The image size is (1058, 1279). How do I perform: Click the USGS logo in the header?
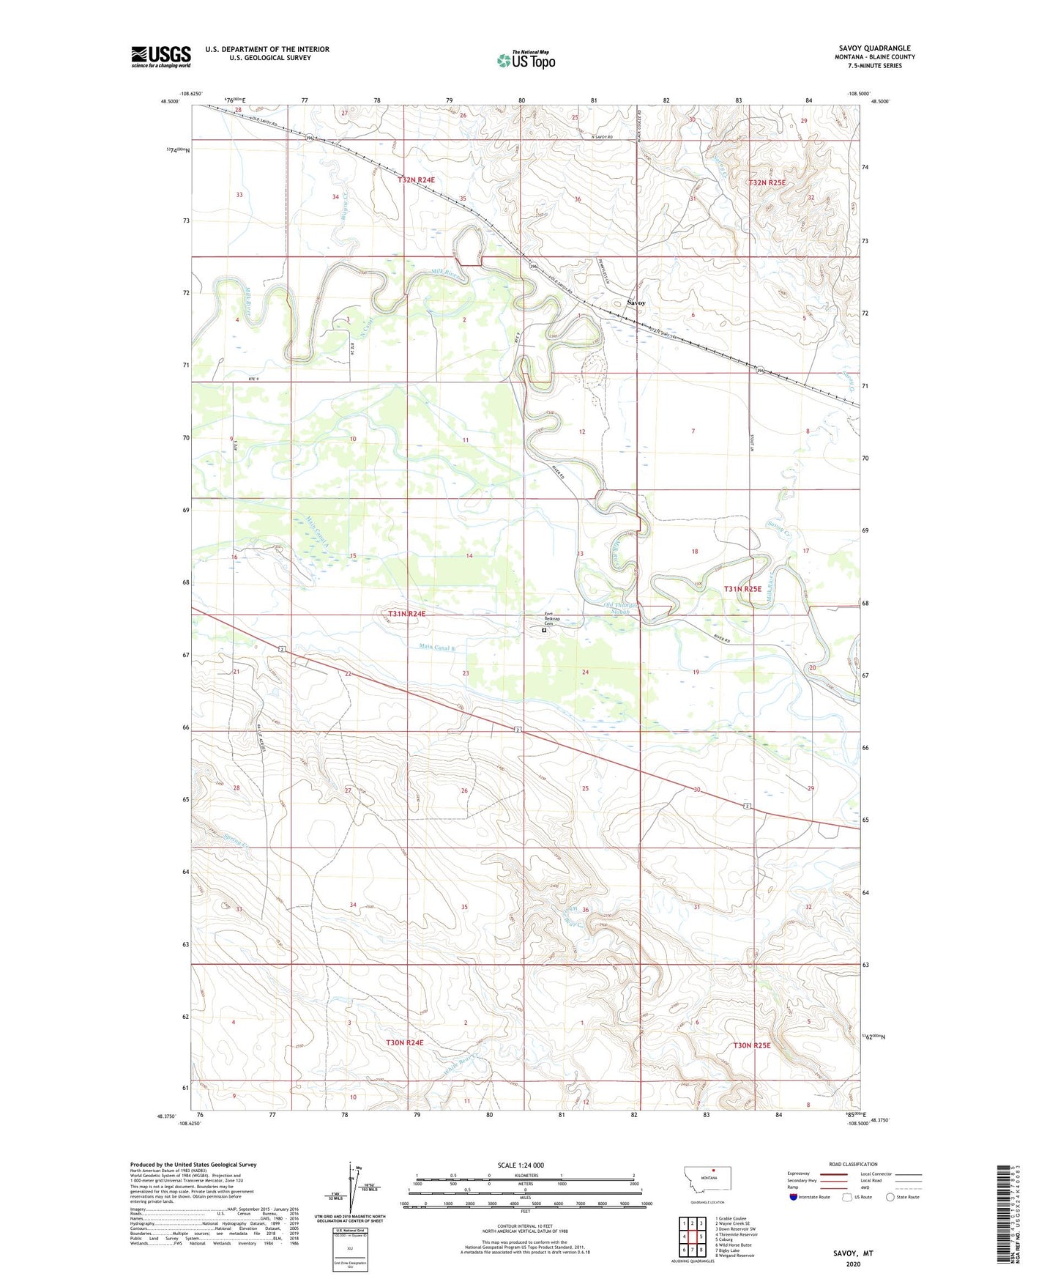(160, 56)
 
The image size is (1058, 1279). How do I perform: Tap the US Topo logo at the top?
(526, 60)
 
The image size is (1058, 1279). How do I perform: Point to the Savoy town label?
(636, 302)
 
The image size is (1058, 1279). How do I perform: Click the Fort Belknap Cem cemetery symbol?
(544, 630)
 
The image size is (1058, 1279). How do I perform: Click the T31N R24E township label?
(406, 614)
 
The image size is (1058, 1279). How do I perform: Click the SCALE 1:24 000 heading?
(520, 1165)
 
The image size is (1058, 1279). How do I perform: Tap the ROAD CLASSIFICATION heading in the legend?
(853, 1164)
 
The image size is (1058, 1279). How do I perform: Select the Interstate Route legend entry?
(810, 1197)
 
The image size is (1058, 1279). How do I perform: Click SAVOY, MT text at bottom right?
(853, 1253)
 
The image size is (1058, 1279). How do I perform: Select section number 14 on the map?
(469, 556)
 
